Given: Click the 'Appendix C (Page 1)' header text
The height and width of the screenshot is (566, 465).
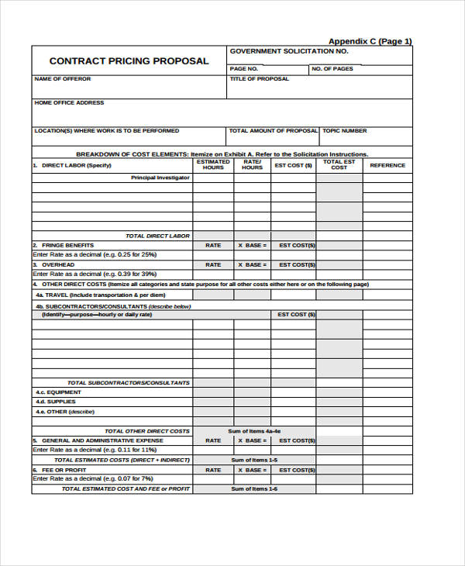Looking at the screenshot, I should click(x=370, y=41).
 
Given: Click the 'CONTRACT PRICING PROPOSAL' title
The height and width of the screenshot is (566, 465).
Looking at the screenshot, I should click(x=129, y=61).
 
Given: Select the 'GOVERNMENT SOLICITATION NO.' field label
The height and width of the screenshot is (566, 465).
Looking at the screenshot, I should click(x=288, y=51).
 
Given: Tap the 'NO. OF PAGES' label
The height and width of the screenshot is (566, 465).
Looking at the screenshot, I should click(x=332, y=69).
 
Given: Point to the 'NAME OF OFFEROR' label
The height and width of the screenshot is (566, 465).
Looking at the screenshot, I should click(x=63, y=79).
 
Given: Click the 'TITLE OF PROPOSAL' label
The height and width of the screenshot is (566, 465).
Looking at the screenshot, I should click(x=260, y=79).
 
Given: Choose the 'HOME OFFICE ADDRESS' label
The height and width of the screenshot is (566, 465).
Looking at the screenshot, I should click(x=69, y=102).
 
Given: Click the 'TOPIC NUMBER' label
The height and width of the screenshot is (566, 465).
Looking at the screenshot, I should click(x=345, y=131).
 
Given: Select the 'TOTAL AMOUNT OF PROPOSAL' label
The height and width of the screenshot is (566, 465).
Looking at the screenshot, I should click(x=274, y=131).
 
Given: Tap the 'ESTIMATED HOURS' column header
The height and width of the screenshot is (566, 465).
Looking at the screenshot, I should click(x=213, y=165).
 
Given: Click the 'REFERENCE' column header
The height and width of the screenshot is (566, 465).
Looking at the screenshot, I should click(x=387, y=165).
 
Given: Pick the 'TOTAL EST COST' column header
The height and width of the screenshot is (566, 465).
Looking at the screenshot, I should click(x=339, y=165).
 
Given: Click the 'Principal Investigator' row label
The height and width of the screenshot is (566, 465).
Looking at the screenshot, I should click(x=160, y=178).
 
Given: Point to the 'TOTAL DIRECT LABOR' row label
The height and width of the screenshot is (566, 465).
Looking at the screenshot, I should click(x=157, y=236).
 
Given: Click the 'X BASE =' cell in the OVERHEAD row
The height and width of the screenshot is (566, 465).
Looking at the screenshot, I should click(x=252, y=264).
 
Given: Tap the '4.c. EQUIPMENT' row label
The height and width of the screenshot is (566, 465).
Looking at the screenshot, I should click(x=58, y=392).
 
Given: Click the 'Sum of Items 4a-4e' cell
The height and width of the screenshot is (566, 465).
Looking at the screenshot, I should click(x=254, y=431).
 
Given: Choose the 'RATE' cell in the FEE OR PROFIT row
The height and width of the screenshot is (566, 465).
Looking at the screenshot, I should click(x=213, y=470).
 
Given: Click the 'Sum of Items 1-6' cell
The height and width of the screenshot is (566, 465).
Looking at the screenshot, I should click(x=254, y=489).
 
